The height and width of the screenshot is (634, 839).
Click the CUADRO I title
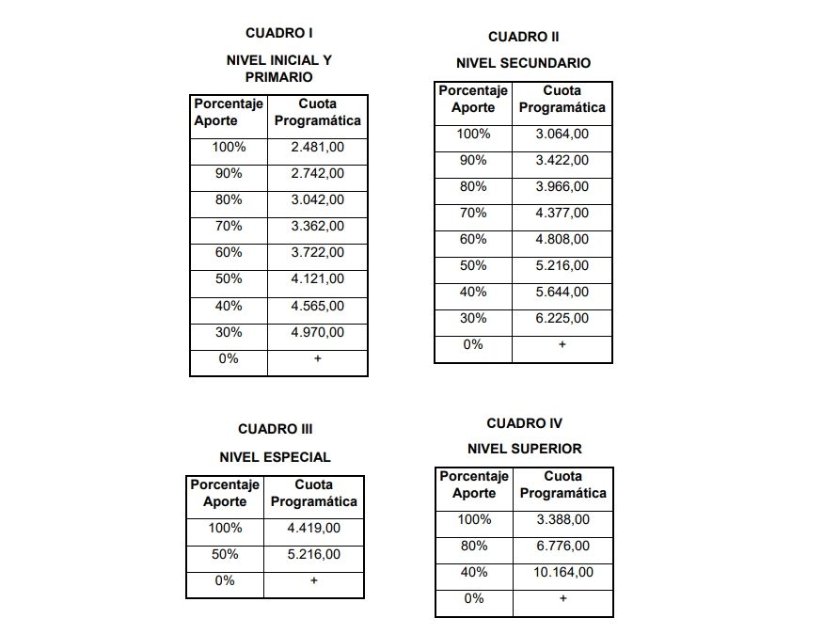tap(279, 33)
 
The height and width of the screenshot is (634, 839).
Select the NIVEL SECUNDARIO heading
tap(523, 63)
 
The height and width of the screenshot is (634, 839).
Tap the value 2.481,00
tap(317, 147)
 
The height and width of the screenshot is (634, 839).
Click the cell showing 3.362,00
tap(317, 226)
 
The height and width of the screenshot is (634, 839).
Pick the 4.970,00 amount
tap(317, 332)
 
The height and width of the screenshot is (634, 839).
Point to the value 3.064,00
tap(562, 135)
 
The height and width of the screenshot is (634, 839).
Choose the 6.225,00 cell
tap(562, 318)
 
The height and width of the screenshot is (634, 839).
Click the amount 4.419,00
tap(313, 529)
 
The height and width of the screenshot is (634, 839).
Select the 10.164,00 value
tap(562, 572)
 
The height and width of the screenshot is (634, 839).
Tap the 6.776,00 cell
tap(562, 546)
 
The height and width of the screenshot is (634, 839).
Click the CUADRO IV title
tap(524, 423)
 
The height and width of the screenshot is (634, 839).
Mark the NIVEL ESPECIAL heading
tap(275, 457)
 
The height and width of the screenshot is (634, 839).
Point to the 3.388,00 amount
tap(562, 519)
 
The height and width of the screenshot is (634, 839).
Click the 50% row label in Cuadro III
tap(225, 555)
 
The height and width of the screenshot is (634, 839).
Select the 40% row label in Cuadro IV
tap(473, 572)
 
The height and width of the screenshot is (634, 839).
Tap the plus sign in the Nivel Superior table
tap(562, 598)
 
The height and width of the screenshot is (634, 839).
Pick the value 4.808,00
tap(562, 239)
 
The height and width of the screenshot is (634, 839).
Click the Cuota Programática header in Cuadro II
tap(562, 99)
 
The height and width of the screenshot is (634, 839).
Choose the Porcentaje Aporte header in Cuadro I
tap(229, 112)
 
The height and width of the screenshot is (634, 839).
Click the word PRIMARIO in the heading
tap(279, 76)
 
